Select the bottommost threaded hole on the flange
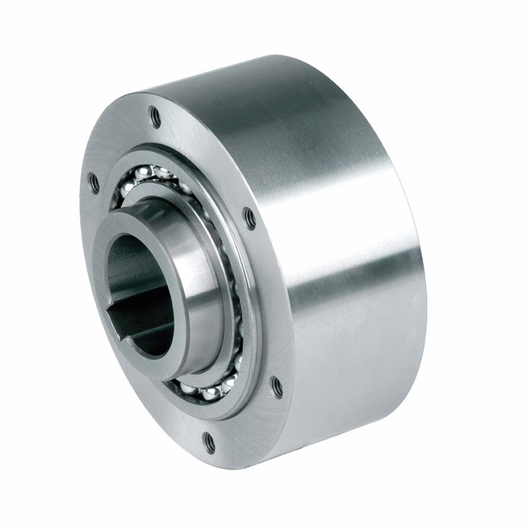click(209, 438)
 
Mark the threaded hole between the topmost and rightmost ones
click(250, 218)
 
